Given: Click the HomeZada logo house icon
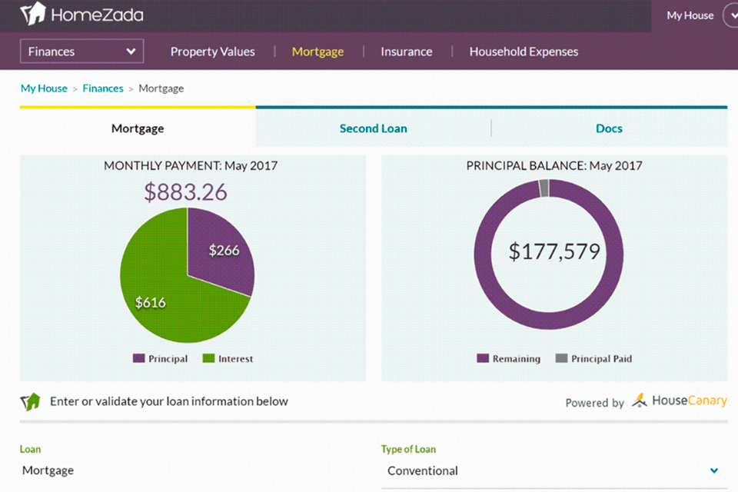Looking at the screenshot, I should pyautogui.click(x=32, y=14).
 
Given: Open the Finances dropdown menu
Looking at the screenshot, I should pyautogui.click(x=81, y=52).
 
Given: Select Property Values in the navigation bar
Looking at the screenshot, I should pyautogui.click(x=212, y=52).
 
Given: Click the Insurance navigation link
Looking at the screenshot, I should pyautogui.click(x=406, y=52).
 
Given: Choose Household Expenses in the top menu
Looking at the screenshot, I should pyautogui.click(x=524, y=52).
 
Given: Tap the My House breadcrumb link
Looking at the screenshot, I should pyautogui.click(x=44, y=88).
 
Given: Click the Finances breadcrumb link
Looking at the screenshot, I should pyautogui.click(x=103, y=88).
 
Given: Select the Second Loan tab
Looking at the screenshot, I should pyautogui.click(x=373, y=128).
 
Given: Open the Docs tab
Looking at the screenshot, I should pyautogui.click(x=609, y=128).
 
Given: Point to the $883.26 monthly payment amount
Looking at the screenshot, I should pyautogui.click(x=185, y=191).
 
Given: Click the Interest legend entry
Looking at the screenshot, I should pyautogui.click(x=228, y=359).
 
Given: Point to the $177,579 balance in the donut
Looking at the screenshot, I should pyautogui.click(x=553, y=252).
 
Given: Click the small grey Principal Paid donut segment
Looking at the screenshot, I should pyautogui.click(x=544, y=188).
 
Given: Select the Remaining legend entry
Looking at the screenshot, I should pyautogui.click(x=509, y=359).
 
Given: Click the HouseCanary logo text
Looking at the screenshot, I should pyautogui.click(x=689, y=401).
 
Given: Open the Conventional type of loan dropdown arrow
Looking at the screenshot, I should pyautogui.click(x=714, y=470).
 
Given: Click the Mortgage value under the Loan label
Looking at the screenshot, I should pyautogui.click(x=48, y=470).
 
